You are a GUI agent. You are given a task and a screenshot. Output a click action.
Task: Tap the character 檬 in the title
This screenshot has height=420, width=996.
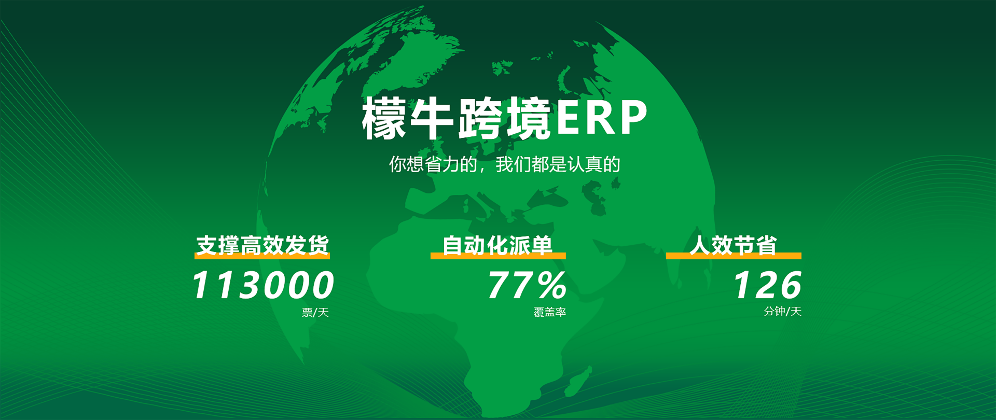384,118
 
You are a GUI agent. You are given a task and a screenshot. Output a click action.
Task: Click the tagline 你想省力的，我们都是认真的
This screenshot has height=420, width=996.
505,164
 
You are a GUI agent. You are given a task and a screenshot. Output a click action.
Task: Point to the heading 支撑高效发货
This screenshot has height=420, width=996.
262,245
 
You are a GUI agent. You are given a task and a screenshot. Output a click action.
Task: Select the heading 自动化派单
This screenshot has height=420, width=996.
497,245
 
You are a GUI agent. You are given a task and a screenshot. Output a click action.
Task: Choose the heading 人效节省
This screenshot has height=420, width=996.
733,245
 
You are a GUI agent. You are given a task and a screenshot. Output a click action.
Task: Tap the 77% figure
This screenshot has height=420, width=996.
527,285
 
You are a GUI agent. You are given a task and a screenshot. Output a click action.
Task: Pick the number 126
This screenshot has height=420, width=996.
767,285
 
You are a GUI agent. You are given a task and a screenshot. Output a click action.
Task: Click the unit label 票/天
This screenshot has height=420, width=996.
315,313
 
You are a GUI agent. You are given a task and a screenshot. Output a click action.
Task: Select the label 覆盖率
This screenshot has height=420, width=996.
550,312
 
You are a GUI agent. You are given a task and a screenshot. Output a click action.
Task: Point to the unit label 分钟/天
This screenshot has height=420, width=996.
783,311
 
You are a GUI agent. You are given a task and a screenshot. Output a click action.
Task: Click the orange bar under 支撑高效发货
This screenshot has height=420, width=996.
262,256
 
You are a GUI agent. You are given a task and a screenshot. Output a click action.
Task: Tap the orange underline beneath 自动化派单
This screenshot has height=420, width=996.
498,256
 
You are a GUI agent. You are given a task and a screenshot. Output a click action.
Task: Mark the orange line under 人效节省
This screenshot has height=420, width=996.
734,256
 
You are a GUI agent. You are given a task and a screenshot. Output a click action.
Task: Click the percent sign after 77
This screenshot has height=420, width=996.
552,285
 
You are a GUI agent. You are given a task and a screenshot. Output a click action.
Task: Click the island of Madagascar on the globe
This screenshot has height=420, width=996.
580,382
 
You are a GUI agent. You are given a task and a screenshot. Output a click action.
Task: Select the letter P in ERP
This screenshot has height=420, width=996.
634,117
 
